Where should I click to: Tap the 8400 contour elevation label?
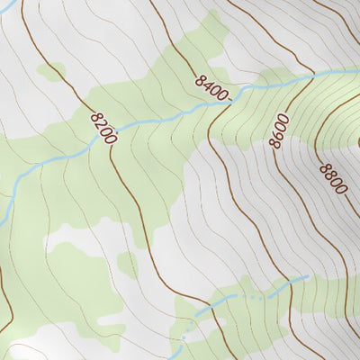point(212,88)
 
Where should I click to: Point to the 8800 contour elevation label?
point(331,178)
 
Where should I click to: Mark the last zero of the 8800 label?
point(339,189)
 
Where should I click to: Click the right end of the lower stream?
point(308,276)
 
